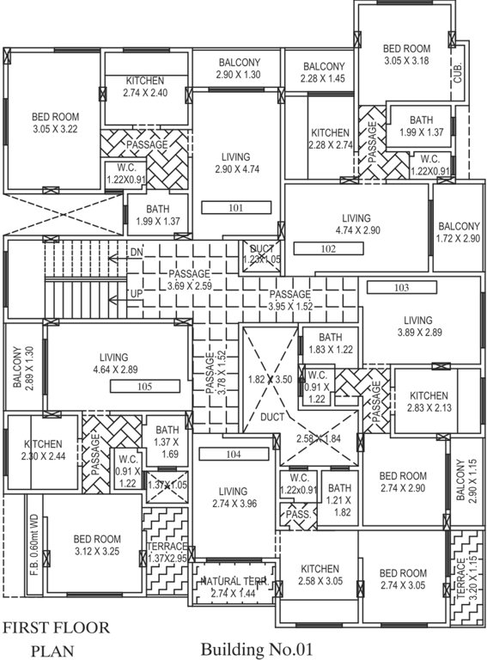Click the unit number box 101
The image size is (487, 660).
tap(237, 207)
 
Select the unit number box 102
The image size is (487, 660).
tap(327, 248)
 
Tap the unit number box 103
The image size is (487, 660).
tap(402, 287)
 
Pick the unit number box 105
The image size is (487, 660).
tap(144, 387)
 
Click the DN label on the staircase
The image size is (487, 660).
tap(136, 252)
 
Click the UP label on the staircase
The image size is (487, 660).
tap(135, 294)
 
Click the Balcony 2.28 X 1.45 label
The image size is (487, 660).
tap(323, 72)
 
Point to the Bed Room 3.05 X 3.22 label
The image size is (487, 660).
tap(54, 122)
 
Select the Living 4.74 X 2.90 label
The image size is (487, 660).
tap(356, 223)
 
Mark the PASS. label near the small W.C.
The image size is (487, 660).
tap(298, 514)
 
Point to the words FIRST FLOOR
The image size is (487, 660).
tap(57, 627)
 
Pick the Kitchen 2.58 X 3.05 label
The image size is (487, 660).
tap(320, 575)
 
